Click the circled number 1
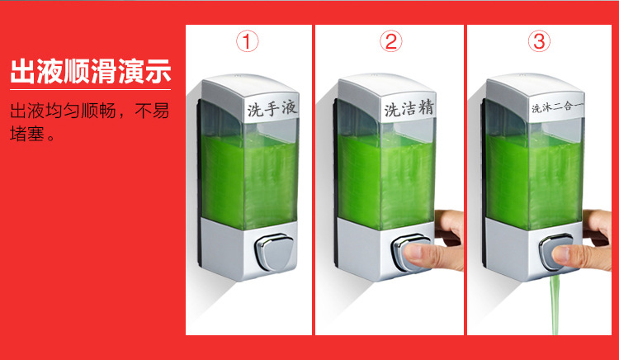coord(248,41)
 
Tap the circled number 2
coord(391,41)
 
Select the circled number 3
coord(539,41)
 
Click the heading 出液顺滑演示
coord(91,72)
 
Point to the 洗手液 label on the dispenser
coord(272,108)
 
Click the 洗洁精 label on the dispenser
coord(409,108)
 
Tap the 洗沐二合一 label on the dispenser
coord(557,107)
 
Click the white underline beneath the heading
coord(91,90)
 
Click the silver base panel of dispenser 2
coord(385,249)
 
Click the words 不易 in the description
coord(152,111)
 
